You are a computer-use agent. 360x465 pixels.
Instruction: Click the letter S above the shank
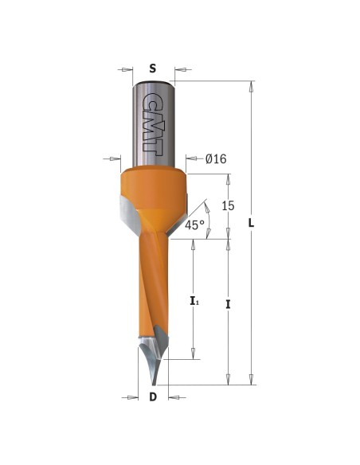point(152,68)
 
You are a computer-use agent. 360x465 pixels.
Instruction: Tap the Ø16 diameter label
point(216,159)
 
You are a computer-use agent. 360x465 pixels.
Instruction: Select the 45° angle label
point(194,225)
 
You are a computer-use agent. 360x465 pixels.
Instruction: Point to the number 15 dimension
point(228,205)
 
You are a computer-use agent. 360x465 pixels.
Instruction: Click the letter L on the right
point(251,223)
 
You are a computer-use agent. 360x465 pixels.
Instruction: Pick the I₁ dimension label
point(194,302)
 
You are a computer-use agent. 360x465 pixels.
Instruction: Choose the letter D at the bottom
point(153,397)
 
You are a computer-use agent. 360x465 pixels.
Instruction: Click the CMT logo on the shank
point(152,124)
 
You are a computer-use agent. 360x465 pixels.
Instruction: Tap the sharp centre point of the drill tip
point(154,385)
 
